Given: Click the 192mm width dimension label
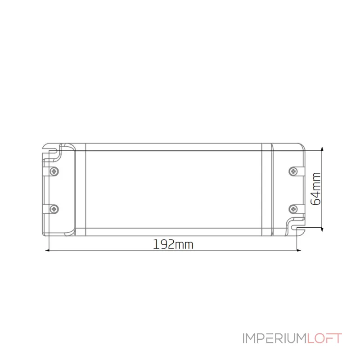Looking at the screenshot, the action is tap(173, 244).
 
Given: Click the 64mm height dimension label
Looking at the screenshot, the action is tap(315, 189).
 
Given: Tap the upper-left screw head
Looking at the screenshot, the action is tap(54, 171).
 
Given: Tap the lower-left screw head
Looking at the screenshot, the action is tap(54, 209).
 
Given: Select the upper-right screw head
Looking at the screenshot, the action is tap(293, 171).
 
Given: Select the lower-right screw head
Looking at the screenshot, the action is tap(293, 209).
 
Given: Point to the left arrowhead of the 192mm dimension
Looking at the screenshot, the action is tap(47, 250).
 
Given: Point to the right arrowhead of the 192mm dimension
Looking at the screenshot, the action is tap(299, 250).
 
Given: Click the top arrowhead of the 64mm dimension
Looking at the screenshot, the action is tap(322, 149).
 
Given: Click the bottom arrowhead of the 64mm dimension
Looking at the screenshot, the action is tap(322, 229).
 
